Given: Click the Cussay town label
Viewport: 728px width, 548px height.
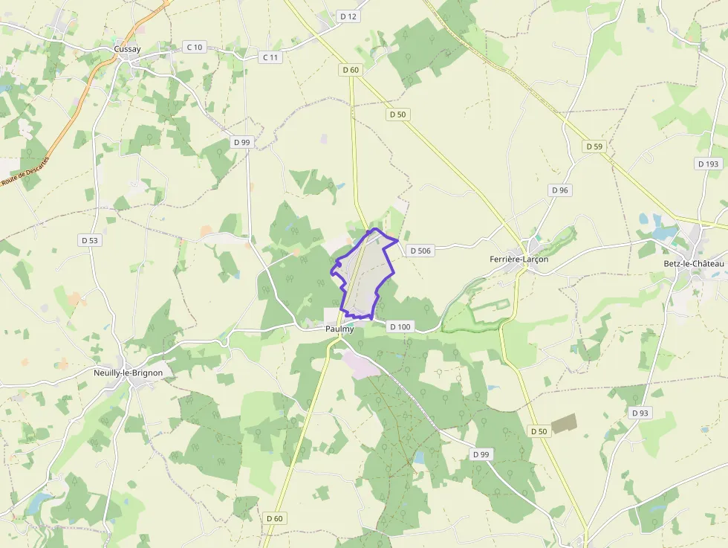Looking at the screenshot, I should point(128,49).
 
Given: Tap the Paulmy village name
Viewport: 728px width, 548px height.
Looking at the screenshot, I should point(339,329).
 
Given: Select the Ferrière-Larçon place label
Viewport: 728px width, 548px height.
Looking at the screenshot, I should point(519,260).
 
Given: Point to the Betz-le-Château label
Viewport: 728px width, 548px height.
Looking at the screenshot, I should point(693,264).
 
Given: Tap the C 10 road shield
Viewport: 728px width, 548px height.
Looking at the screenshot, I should point(194,47).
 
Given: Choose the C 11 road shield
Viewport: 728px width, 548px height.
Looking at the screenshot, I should point(271,57).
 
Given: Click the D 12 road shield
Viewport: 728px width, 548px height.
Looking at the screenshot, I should point(348,16).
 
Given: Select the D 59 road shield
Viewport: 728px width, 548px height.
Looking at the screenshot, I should point(594,146).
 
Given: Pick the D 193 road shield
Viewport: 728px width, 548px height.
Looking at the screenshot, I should point(709,164).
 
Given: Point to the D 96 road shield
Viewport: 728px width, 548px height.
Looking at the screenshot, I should point(560,190).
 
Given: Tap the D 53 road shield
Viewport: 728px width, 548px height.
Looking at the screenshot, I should point(89,240).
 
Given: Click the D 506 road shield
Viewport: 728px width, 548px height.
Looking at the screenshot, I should point(420,251).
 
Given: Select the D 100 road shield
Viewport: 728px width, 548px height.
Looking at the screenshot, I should point(400,326).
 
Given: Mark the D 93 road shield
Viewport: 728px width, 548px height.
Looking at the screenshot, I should point(640,413).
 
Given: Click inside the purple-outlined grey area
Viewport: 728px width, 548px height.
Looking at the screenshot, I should point(364,275).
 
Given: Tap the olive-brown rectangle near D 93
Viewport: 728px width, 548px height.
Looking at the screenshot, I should point(564,423).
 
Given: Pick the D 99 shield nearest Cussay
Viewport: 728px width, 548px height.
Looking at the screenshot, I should point(241,142).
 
